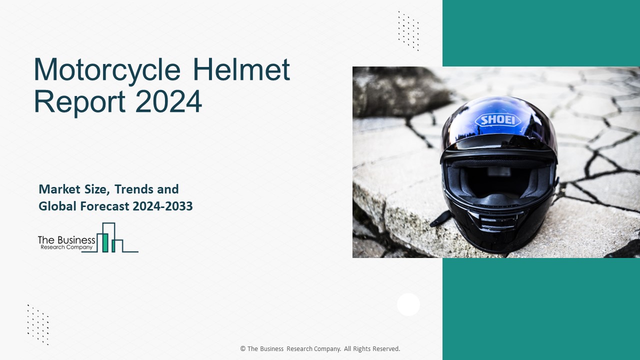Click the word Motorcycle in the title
(x=106, y=70)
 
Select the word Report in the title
(x=79, y=101)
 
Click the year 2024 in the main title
(x=168, y=101)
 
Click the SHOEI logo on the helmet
(x=497, y=120)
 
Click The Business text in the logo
(x=66, y=240)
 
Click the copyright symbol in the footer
(x=243, y=349)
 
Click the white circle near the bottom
(x=408, y=304)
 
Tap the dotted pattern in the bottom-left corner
(x=38, y=324)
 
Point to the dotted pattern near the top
(x=408, y=31)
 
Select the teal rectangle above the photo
(x=541, y=33)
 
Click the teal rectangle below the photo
(x=541, y=308)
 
